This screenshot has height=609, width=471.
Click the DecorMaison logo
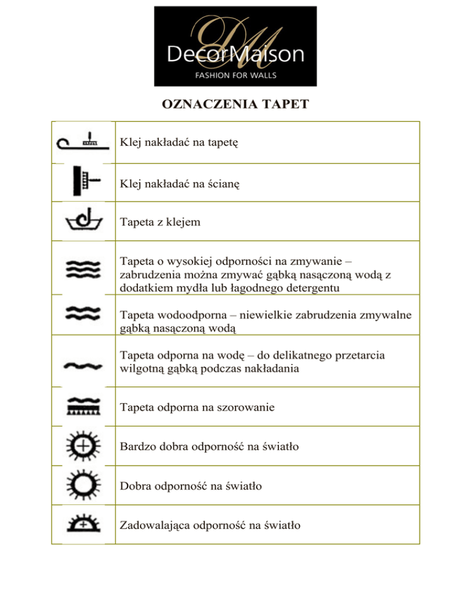tap(235, 46)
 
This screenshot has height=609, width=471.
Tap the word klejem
tap(180, 222)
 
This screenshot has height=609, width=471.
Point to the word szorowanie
tap(253, 406)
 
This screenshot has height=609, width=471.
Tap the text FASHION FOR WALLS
tap(235, 75)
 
